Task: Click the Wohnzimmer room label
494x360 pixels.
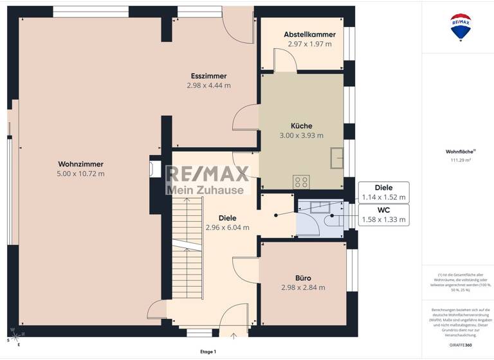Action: (80, 164)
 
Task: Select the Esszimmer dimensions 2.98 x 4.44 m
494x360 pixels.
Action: (208, 85)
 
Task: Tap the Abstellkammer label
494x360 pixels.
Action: (309, 34)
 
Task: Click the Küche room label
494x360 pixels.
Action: (301, 125)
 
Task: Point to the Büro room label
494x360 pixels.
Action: (303, 278)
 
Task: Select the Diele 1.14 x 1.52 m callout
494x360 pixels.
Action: (383, 192)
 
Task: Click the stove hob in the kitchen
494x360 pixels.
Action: (301, 182)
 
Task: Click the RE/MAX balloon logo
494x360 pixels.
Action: (461, 27)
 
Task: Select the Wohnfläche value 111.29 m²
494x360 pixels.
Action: (458, 159)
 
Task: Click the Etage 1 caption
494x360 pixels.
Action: (208, 352)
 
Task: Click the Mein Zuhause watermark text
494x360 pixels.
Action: (205, 190)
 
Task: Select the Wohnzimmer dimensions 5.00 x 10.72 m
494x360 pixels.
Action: (80, 174)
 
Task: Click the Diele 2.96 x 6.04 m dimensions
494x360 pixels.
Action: (227, 227)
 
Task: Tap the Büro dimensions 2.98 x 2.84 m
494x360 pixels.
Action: (303, 287)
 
